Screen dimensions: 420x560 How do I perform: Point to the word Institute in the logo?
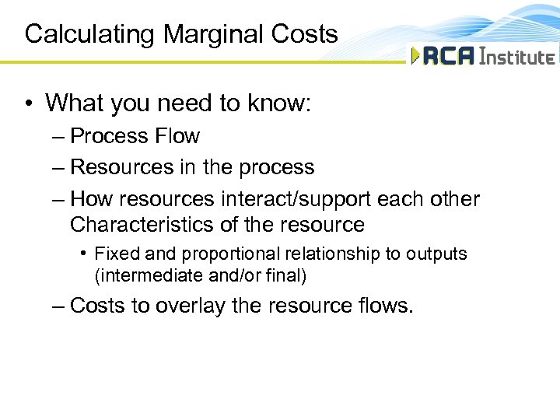[x=518, y=57]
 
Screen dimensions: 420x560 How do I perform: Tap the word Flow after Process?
[x=177, y=136]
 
